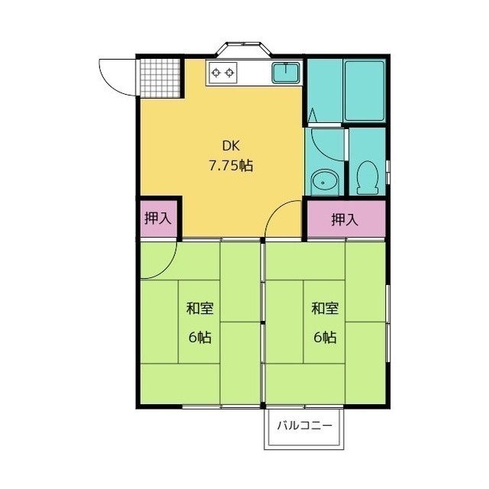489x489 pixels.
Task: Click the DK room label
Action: point(231,146)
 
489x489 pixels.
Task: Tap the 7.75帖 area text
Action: point(231,166)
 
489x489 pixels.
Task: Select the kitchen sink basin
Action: point(286,73)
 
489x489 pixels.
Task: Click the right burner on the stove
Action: point(230,73)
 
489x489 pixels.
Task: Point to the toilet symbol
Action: point(368,177)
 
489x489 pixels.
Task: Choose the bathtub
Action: point(364,91)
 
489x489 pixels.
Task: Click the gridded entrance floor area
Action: point(160,78)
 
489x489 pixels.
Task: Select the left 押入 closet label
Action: point(158,219)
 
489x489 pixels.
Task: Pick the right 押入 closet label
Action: point(345,219)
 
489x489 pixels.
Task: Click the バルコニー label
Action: point(304,426)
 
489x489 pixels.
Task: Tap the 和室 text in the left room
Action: point(200,309)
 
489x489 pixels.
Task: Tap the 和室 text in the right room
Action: point(325,309)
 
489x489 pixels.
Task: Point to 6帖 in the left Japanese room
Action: point(200,337)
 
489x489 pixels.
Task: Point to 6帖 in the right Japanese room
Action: point(325,337)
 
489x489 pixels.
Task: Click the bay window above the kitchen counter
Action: point(243,49)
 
